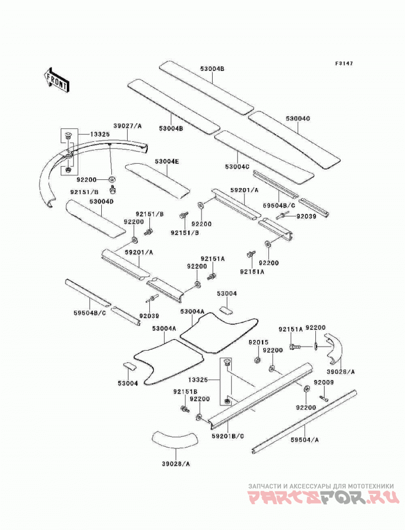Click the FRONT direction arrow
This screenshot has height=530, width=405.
tap(56, 80)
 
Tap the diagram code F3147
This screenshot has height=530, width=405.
tap(344, 63)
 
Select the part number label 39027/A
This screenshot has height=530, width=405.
tap(128, 126)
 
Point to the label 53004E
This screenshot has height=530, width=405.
tap(167, 162)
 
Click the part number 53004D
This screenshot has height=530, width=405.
tap(101, 202)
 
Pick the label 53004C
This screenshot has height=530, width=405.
tap(237, 167)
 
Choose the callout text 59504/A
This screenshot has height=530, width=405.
tap(305, 440)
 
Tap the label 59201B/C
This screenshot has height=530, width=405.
tap(228, 436)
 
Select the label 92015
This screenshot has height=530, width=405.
tap(259, 343)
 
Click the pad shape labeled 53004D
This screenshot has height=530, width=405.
tap(96, 218)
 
